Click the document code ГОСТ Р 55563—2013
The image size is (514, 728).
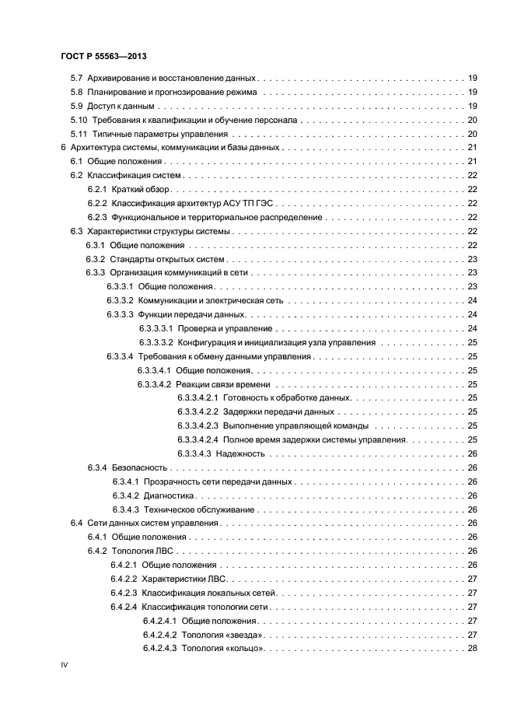click(104, 57)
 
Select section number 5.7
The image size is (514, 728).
click(76, 79)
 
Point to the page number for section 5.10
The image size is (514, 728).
click(471, 120)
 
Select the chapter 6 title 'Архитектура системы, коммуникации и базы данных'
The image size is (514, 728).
click(174, 147)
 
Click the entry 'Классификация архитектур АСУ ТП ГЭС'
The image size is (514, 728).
click(190, 203)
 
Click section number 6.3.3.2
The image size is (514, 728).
click(121, 300)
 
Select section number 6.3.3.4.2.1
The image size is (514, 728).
click(196, 397)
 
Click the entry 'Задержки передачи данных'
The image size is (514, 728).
click(278, 411)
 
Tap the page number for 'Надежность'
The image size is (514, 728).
click(471, 453)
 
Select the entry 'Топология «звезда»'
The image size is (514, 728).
click(219, 635)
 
